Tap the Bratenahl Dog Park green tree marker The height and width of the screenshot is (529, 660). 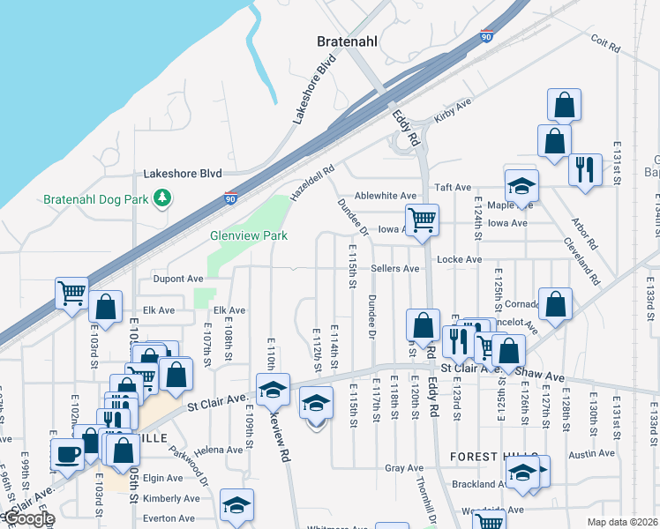[x=161, y=200]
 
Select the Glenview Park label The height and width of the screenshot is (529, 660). [x=236, y=236]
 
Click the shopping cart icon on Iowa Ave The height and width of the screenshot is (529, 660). [x=422, y=220]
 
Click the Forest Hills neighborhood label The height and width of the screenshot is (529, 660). [x=483, y=457]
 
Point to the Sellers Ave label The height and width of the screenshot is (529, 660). [x=394, y=268]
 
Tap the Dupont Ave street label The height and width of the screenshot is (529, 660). [x=178, y=279]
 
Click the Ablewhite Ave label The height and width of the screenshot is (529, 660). [x=386, y=195]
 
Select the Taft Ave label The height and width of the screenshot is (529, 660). [x=454, y=188]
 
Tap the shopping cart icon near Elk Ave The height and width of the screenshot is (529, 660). [x=71, y=293]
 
